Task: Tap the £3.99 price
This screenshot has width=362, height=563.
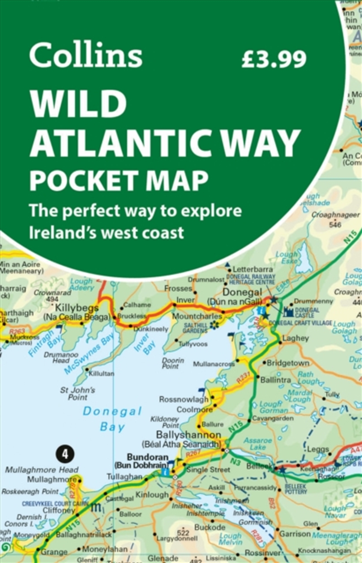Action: click(274, 58)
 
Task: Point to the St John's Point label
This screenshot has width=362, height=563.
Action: click(78, 393)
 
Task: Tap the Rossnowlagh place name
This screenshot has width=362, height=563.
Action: click(184, 399)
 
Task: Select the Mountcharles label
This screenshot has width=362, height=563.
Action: click(197, 315)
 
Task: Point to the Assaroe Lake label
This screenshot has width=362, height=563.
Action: click(257, 443)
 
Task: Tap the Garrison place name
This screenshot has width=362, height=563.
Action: click(295, 533)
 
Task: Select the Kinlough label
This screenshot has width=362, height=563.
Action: click(152, 495)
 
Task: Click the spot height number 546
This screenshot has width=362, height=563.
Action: click(335, 224)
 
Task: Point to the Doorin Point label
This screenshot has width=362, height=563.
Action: click(173, 363)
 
